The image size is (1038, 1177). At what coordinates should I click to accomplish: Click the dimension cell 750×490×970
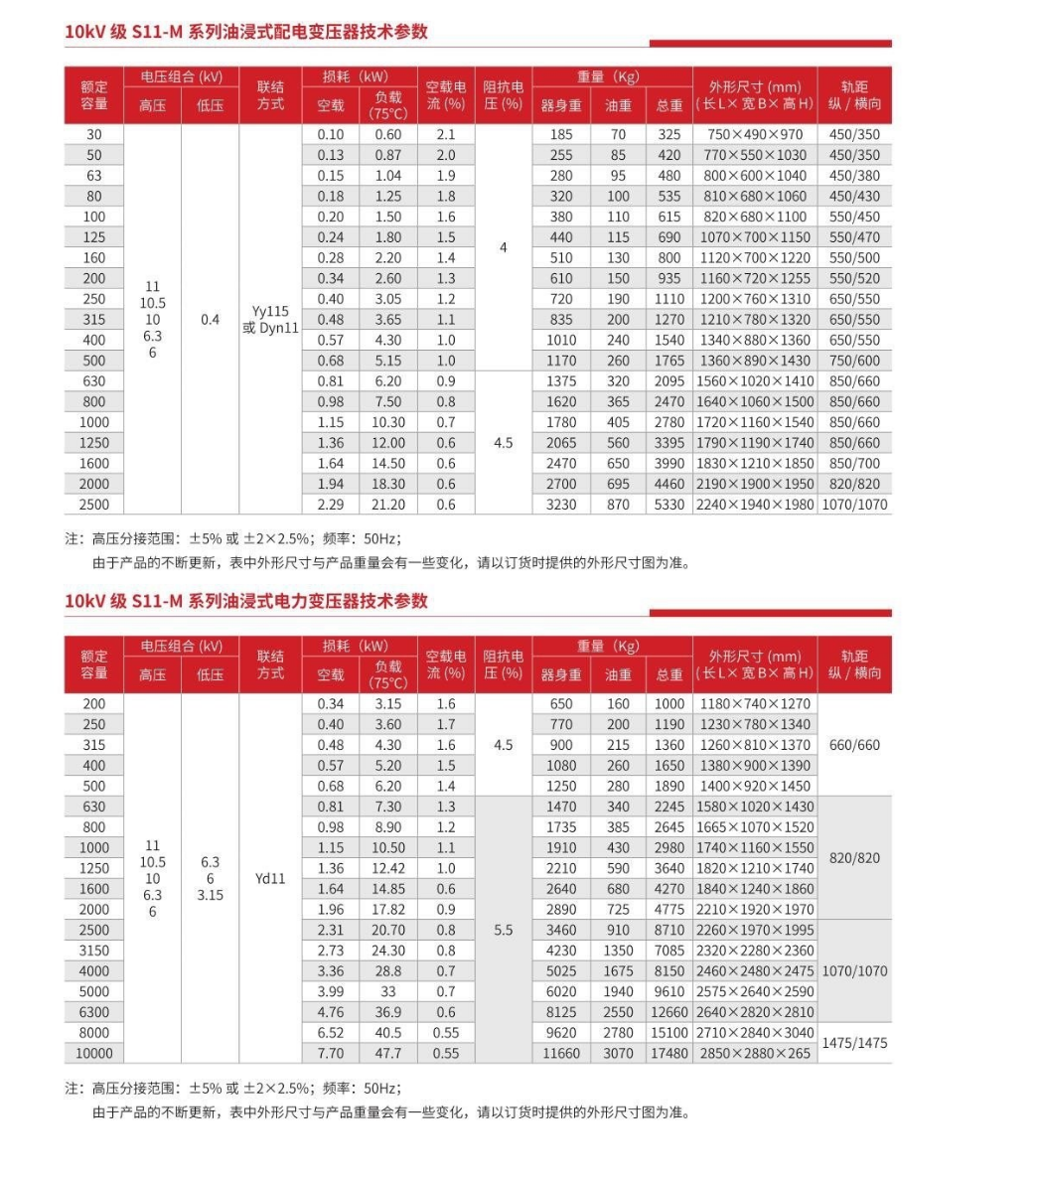pos(755,134)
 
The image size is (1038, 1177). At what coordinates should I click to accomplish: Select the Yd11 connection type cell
pos(270,878)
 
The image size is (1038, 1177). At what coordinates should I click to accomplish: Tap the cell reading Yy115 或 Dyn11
pos(270,320)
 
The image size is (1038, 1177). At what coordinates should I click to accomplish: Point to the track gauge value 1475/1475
pos(854,1043)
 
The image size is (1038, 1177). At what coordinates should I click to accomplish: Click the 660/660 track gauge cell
pos(854,745)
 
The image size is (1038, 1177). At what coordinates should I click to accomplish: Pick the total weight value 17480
pos(668,1053)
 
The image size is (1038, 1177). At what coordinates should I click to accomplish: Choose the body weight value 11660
pos(561,1053)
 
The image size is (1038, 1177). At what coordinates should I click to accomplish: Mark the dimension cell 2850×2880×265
pos(755,1053)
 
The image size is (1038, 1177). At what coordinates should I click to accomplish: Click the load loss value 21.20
pos(388,505)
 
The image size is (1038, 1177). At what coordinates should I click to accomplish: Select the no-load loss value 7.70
pos(331,1053)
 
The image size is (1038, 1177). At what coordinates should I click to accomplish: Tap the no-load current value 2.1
pos(446,134)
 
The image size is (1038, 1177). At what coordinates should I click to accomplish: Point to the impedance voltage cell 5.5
pos(504,931)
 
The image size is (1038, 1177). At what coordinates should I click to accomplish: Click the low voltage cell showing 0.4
pos(210,320)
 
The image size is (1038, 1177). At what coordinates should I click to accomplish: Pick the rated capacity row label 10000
pos(94,1053)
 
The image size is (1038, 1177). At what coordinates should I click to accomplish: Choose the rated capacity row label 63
pos(94,176)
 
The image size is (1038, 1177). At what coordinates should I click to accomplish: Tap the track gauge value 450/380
pos(854,176)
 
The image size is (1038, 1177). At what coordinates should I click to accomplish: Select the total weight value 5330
pos(668,505)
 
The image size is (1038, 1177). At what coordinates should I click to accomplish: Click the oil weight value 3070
pos(618,1053)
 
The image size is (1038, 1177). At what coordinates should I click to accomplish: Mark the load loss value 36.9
pos(388,1012)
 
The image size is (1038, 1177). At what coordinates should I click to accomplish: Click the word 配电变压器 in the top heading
pos(299,32)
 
